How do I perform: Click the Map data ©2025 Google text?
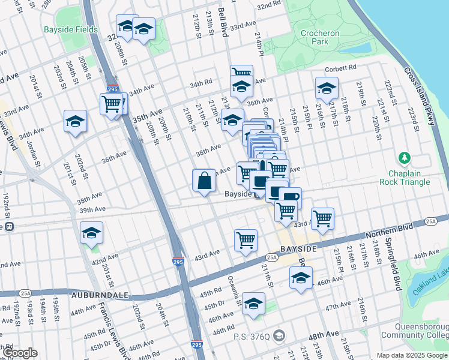pos(411,355)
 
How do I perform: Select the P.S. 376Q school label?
pos(255,335)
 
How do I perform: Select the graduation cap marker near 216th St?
pos(327,88)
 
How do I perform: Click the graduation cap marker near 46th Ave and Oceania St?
pos(254,304)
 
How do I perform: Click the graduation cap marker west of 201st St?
pos(75,121)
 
